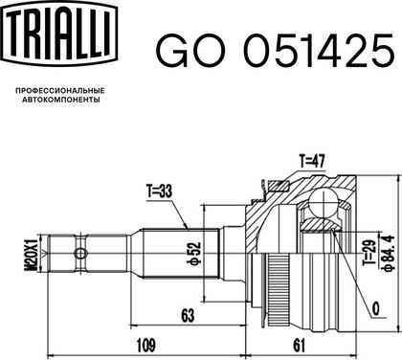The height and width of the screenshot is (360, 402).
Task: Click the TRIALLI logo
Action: [58, 34]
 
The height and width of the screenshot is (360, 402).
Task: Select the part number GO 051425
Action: [275, 51]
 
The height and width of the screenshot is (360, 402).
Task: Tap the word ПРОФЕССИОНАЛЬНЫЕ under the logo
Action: [60, 91]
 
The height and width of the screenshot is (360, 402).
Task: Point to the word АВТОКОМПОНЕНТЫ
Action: [61, 100]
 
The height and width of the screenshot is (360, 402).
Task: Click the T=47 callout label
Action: [312, 161]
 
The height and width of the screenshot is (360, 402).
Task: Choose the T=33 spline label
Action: [159, 191]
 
